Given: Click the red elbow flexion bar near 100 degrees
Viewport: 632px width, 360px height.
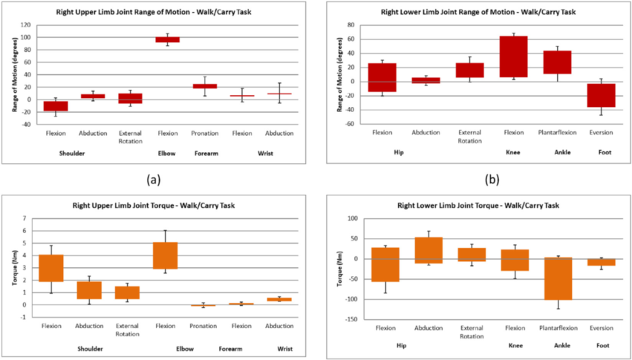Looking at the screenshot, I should [x=167, y=39].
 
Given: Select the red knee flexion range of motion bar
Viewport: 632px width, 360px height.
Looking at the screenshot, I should [x=513, y=56].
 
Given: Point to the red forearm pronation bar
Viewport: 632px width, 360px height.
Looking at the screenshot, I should [x=205, y=86].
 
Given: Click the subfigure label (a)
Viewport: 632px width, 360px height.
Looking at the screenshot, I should [x=154, y=179].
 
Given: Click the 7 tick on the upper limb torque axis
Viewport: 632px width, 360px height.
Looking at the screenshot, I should [x=26, y=218].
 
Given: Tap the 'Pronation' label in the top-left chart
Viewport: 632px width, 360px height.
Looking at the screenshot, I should [x=205, y=133].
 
